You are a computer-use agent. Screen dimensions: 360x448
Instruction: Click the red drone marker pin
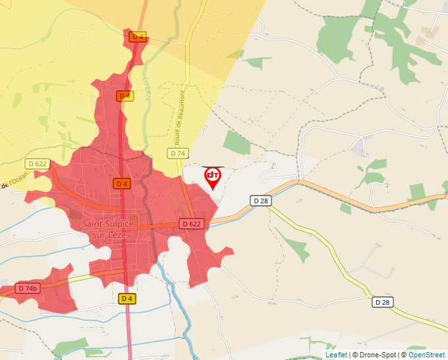pyautogui.click(x=213, y=177)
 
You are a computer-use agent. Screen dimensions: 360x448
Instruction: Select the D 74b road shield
pyautogui.click(x=27, y=288)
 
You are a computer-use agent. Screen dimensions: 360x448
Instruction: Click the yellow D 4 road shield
pyautogui.click(x=127, y=299)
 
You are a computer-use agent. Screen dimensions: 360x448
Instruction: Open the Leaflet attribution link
pyautogui.click(x=336, y=355)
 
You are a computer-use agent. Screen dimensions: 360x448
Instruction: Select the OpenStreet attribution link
pyautogui.click(x=426, y=355)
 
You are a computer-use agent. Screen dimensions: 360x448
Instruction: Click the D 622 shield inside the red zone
pyautogui.click(x=192, y=224)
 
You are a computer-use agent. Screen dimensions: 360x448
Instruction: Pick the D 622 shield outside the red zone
pyautogui.click(x=38, y=163)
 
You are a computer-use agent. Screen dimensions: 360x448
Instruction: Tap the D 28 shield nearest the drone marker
pyautogui.click(x=261, y=200)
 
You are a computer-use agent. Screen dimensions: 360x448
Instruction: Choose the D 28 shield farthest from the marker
pyautogui.click(x=382, y=302)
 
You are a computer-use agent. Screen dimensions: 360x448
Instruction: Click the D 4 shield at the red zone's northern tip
pyautogui.click(x=137, y=37)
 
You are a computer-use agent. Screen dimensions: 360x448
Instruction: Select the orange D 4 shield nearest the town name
pyautogui.click(x=121, y=184)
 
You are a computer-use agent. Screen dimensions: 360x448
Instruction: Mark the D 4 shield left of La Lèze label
pyautogui.click(x=124, y=96)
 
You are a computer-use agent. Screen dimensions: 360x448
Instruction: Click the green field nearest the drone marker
pyautogui.click(x=237, y=143)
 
